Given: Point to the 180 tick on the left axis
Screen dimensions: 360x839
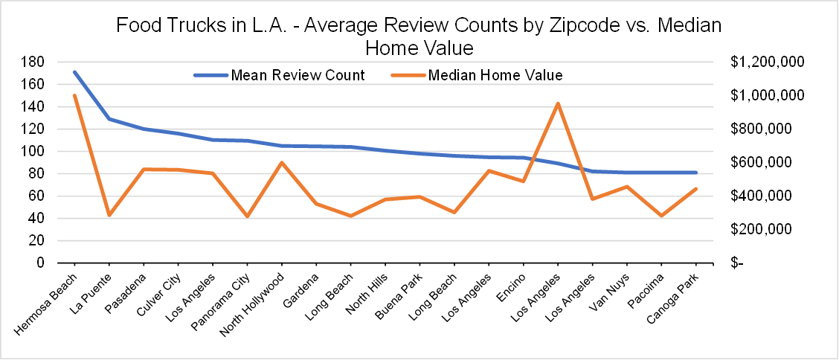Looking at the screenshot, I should click(x=55, y=62).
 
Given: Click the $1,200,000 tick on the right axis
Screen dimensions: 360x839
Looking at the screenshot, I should click(x=767, y=62).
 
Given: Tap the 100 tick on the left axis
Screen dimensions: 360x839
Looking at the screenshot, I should click(x=55, y=151).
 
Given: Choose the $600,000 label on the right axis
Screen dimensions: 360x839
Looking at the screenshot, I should click(x=761, y=162).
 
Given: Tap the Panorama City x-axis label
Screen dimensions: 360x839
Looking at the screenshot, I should click(x=227, y=295).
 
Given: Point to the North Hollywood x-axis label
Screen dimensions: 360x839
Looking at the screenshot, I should click(x=258, y=298).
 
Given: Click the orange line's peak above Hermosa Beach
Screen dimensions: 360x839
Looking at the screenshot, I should click(x=74, y=95).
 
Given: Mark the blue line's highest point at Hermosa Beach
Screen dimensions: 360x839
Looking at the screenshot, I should click(x=74, y=72).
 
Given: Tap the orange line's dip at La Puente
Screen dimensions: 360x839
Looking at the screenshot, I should click(x=109, y=215).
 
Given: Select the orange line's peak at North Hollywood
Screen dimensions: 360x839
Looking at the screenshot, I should click(x=282, y=162).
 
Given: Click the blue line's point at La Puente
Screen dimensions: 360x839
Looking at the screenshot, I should click(x=109, y=119).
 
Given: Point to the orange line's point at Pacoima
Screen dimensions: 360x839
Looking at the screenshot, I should click(x=661, y=216).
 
